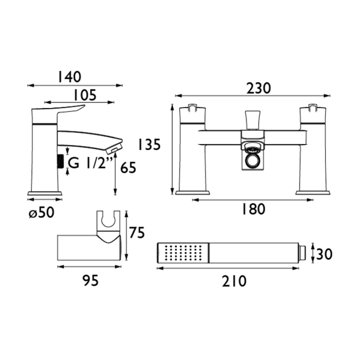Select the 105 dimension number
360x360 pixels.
(85, 95)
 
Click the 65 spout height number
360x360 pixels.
(127, 167)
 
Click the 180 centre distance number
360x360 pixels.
(254, 209)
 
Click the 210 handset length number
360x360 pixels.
(234, 281)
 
